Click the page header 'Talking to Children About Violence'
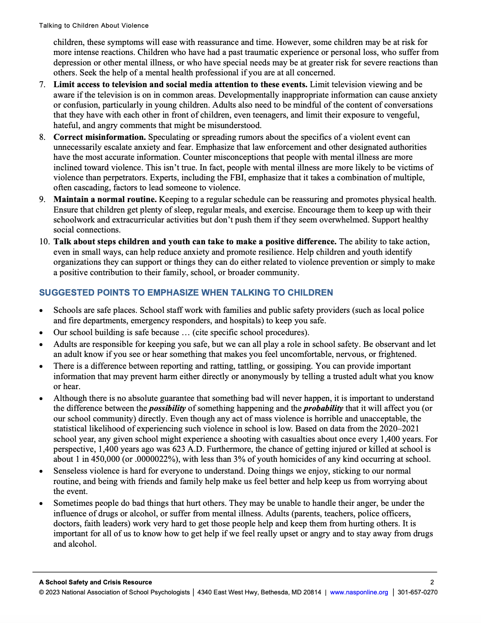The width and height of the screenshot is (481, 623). click(94, 25)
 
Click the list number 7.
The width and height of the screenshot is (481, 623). click(42, 84)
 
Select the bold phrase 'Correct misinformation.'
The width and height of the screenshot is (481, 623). click(100, 137)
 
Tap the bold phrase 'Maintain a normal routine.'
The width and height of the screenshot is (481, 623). click(105, 199)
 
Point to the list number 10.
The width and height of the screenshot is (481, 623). click(44, 242)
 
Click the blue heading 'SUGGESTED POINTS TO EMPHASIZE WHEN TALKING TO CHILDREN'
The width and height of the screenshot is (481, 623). click(186, 293)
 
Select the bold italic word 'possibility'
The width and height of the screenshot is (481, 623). click(167, 408)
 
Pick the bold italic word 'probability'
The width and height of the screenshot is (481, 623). click(323, 408)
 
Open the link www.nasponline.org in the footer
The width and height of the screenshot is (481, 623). click(359, 592)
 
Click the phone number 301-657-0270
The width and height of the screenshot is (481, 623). click(417, 592)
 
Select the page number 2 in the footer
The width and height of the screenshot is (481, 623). click(432, 582)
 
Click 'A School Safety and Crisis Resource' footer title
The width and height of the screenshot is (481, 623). click(95, 582)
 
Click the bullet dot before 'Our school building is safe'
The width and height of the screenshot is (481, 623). click(41, 333)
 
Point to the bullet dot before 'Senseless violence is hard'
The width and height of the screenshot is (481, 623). click(41, 471)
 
